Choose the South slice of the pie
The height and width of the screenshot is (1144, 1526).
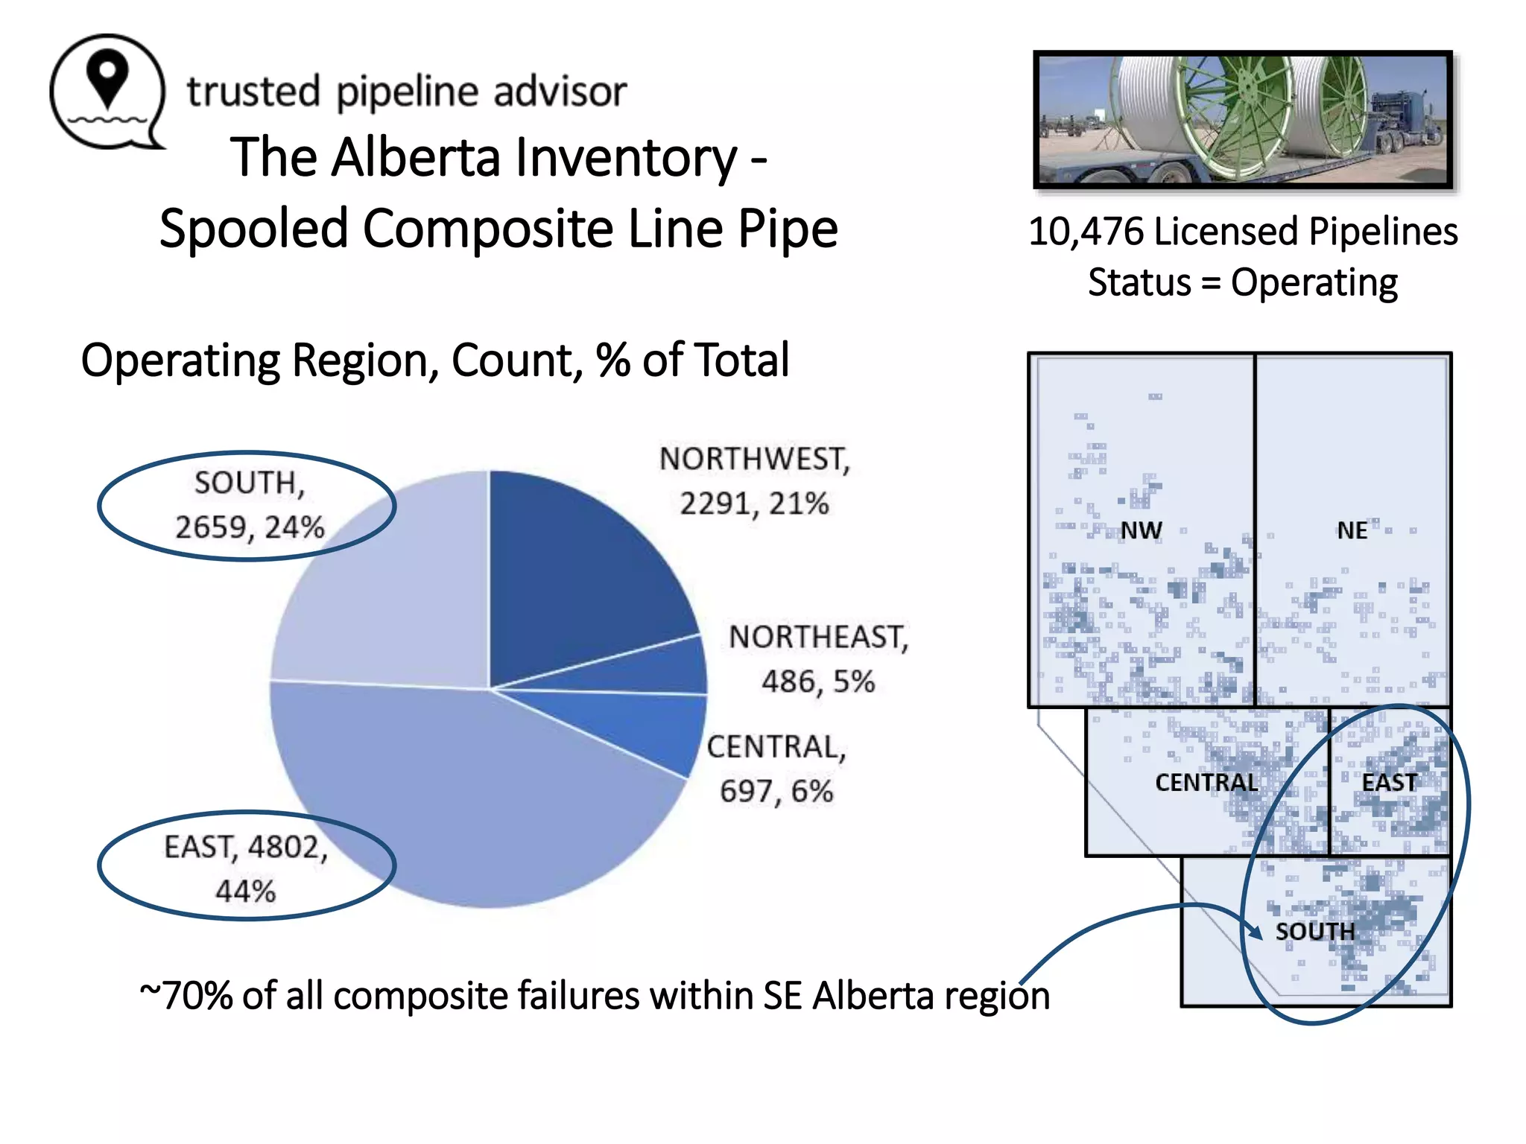[387, 588]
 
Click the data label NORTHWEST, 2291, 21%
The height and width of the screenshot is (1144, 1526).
[754, 481]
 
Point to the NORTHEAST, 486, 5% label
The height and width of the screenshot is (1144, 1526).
[818, 659]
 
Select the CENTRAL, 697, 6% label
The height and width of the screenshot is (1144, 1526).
[776, 769]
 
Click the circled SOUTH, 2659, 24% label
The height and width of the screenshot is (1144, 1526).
[249, 505]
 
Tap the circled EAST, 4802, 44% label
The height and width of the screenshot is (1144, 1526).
[246, 868]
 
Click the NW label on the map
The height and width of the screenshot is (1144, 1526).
[1141, 530]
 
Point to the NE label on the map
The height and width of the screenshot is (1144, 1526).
[1352, 530]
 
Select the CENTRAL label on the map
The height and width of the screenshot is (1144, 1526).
[1206, 782]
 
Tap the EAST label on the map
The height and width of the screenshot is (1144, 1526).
[1389, 782]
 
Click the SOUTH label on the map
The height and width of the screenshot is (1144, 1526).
[1315, 931]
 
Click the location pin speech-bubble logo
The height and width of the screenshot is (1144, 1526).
[108, 91]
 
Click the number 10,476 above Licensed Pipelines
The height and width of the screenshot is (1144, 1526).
[1086, 232]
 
